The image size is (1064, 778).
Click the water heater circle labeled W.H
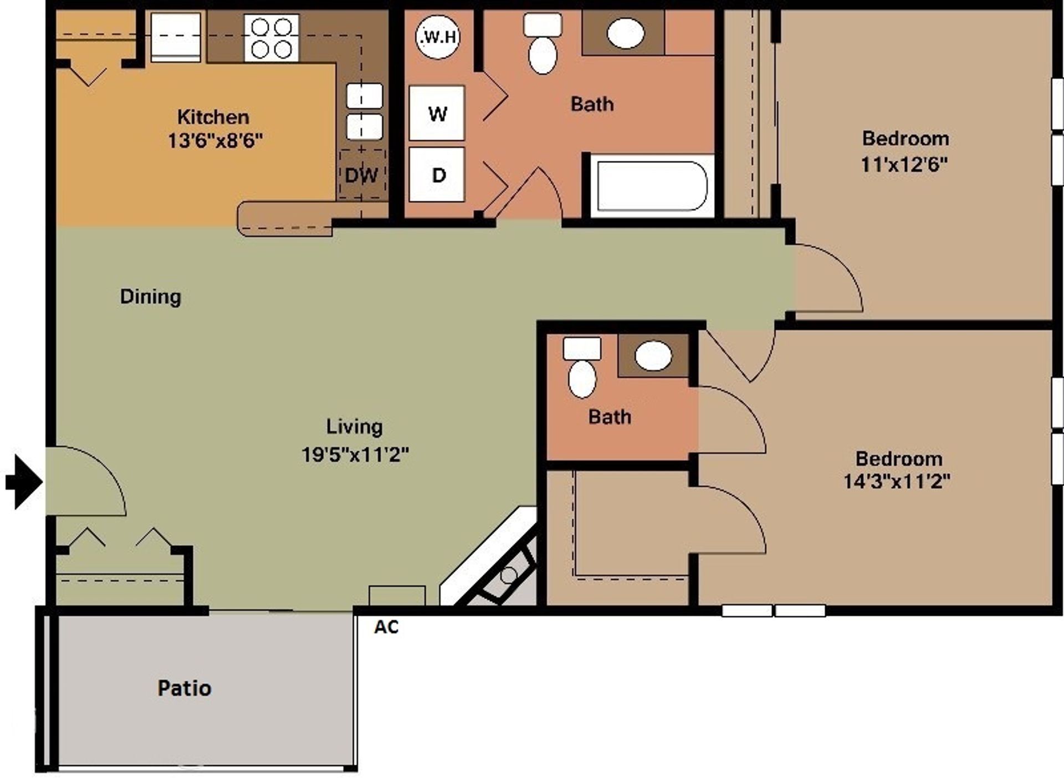tap(438, 37)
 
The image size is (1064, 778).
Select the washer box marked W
tap(437, 113)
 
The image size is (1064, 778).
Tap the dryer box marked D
tap(437, 175)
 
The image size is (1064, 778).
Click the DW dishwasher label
tap(361, 175)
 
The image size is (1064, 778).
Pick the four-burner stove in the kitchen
tap(272, 38)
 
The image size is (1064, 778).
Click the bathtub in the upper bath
tap(651, 186)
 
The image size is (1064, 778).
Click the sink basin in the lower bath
tap(653, 355)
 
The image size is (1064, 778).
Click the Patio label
tap(185, 688)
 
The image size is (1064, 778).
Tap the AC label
tap(386, 627)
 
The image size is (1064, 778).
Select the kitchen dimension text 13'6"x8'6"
tap(215, 141)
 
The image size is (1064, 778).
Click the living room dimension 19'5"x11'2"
tap(355, 454)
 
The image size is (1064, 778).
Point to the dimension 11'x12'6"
tap(904, 165)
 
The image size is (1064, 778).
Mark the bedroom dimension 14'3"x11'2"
tap(897, 481)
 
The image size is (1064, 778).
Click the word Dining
tap(151, 296)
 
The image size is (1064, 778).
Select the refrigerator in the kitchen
tap(176, 37)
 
